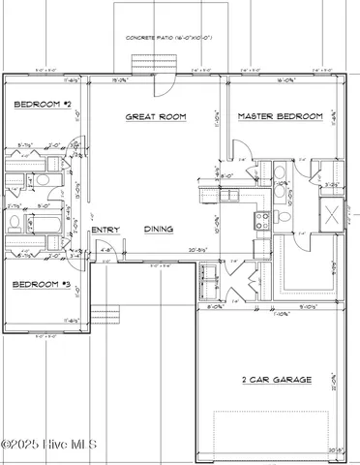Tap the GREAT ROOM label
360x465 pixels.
155,116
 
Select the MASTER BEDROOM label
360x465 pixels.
280,116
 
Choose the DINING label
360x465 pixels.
159,230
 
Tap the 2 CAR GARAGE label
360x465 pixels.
276,380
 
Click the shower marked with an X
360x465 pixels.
332,214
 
